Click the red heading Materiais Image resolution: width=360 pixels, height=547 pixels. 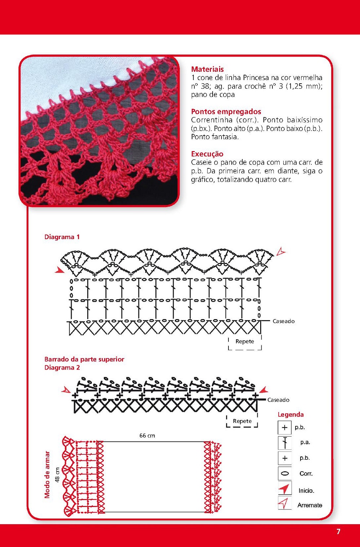click(x=207, y=69)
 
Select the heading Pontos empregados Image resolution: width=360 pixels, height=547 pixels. click(x=226, y=111)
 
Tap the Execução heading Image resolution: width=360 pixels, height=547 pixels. click(x=207, y=154)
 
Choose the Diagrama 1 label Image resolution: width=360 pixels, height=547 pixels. click(x=62, y=237)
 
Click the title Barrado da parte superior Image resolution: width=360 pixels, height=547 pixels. click(x=84, y=359)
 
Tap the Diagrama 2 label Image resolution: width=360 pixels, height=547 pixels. click(x=62, y=367)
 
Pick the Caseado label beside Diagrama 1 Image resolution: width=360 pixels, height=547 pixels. click(x=283, y=321)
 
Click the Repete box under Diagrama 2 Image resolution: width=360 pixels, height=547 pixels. click(x=242, y=421)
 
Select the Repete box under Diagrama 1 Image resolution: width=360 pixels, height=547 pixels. click(x=245, y=341)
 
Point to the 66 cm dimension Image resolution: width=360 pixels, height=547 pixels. click(x=147, y=436)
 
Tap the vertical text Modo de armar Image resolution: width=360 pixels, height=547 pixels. click(x=47, y=475)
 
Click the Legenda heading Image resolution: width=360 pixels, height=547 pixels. click(x=290, y=415)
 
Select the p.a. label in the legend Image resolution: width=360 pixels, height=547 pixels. click(x=305, y=442)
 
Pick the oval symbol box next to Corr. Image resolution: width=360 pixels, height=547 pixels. click(x=285, y=473)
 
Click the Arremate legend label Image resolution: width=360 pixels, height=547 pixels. click(x=310, y=505)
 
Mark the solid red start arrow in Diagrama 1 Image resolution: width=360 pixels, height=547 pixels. click(x=59, y=270)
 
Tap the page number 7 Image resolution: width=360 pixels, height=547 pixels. click(x=338, y=531)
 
